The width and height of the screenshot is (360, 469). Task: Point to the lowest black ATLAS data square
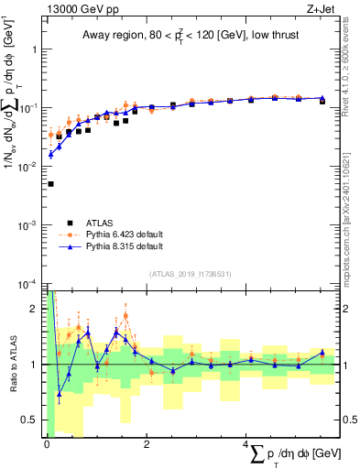pyautogui.click(x=49, y=184)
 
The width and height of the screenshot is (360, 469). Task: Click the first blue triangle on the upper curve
pyautogui.click(x=50, y=154)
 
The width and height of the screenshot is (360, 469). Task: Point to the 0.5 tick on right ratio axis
pyautogui.click(x=348, y=420)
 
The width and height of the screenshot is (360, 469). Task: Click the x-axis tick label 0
pyautogui.click(x=46, y=444)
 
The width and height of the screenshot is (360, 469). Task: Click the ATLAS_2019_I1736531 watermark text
pyautogui.click(x=190, y=274)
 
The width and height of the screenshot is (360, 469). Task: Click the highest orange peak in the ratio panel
pyautogui.click(x=125, y=315)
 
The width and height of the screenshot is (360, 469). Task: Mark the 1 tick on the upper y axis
pyautogui.click(x=36, y=49)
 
